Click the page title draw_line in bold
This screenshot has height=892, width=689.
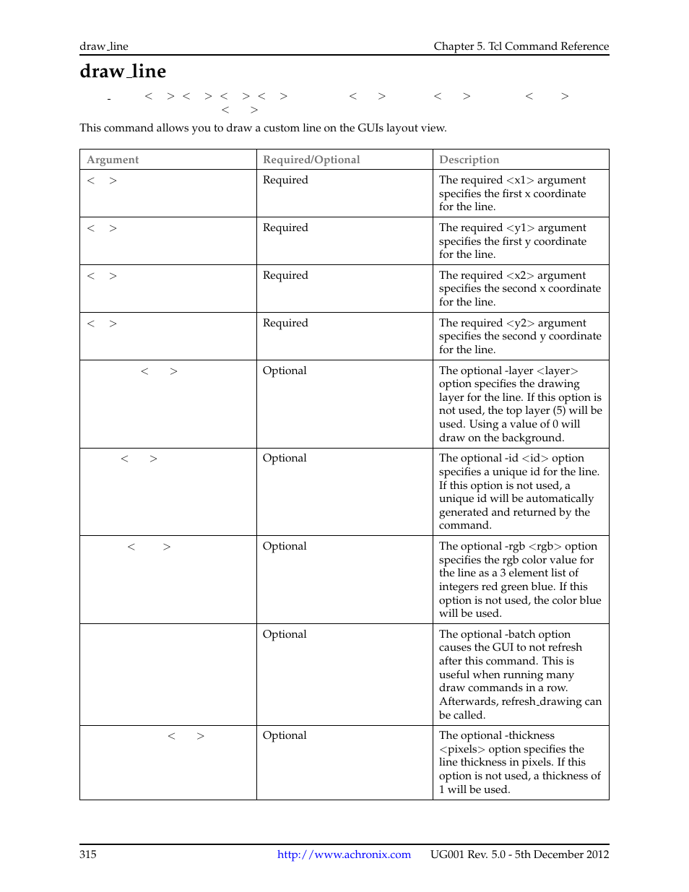(x=123, y=72)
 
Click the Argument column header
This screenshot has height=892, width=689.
(x=113, y=160)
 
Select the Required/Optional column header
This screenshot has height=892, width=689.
(x=311, y=160)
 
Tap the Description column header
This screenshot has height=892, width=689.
(x=469, y=160)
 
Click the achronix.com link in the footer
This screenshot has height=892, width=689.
(x=344, y=854)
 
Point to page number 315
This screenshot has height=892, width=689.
(x=88, y=854)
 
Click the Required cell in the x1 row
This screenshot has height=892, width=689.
(x=285, y=180)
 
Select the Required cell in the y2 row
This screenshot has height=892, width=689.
(x=285, y=323)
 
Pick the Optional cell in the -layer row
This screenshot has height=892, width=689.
(x=285, y=371)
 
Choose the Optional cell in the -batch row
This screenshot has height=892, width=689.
(x=285, y=634)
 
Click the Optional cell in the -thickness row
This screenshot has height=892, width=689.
(x=285, y=735)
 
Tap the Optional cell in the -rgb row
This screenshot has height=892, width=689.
(x=285, y=546)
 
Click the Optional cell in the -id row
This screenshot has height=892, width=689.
(x=285, y=458)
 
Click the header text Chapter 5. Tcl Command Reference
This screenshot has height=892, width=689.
(x=521, y=46)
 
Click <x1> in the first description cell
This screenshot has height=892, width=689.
(x=520, y=180)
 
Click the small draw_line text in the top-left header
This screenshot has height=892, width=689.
(x=104, y=46)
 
